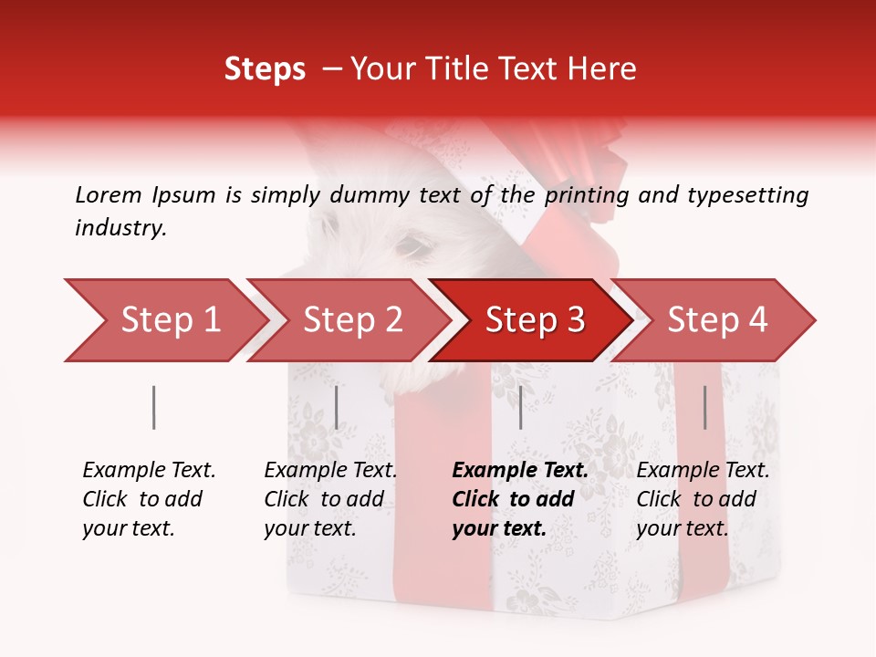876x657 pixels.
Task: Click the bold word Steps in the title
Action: (x=265, y=69)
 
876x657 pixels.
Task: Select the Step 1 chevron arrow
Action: (x=164, y=320)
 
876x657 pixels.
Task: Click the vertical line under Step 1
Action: (x=154, y=407)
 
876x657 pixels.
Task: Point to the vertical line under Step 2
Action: (x=337, y=407)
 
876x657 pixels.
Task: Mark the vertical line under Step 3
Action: (x=521, y=407)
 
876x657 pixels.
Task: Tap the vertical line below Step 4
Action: (x=705, y=407)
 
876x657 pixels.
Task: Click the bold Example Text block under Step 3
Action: (x=520, y=499)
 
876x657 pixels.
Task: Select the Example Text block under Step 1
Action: (x=149, y=499)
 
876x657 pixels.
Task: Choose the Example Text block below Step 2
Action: (x=330, y=499)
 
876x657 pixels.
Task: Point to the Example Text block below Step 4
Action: (x=703, y=499)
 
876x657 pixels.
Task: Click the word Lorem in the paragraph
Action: (x=109, y=194)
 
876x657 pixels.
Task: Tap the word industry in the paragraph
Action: (x=120, y=228)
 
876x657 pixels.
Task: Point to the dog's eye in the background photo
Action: (x=412, y=246)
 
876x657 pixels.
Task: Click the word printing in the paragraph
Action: (x=589, y=194)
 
